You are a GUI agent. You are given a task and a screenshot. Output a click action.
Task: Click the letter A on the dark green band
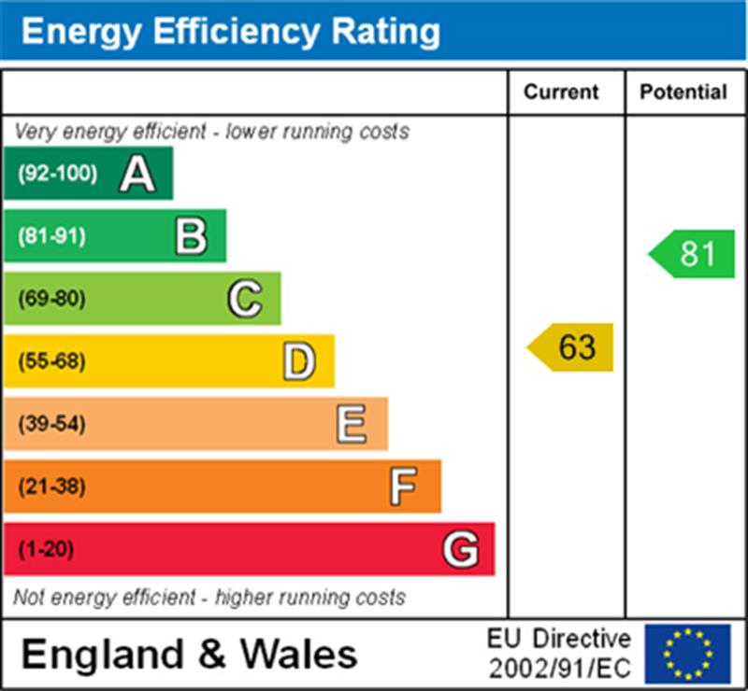click(x=137, y=174)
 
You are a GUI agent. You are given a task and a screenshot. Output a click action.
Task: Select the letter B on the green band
click(x=191, y=236)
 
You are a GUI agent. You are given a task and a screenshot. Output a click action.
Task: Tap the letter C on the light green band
click(x=245, y=299)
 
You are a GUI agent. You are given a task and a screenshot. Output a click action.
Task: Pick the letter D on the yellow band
click(x=298, y=361)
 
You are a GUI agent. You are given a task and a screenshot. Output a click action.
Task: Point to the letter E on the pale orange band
click(x=352, y=424)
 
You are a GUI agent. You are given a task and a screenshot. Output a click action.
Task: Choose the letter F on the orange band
click(x=403, y=487)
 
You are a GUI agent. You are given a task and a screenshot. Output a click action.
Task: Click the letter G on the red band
click(x=460, y=549)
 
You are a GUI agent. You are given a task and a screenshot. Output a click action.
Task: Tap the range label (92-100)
click(x=58, y=174)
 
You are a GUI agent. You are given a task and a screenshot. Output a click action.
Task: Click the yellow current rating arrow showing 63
click(x=571, y=347)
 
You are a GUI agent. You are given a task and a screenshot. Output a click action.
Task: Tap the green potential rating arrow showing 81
click(x=693, y=254)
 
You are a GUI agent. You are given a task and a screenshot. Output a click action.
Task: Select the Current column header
click(x=561, y=92)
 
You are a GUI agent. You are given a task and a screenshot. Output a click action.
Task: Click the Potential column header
click(x=683, y=92)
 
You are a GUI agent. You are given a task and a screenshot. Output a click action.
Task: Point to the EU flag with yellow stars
click(x=687, y=654)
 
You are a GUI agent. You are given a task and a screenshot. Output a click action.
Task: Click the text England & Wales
click(x=189, y=654)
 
